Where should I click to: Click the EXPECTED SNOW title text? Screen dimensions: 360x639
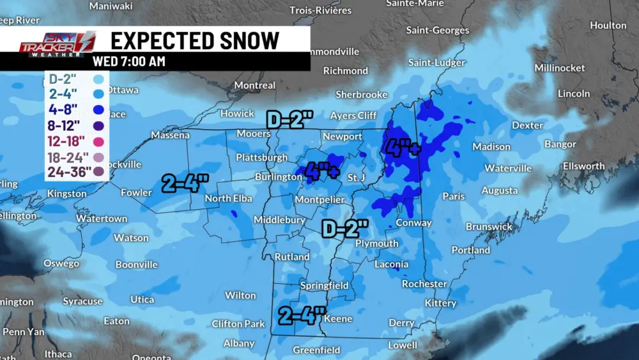(195, 40)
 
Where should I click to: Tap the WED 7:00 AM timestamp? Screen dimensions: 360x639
(129, 61)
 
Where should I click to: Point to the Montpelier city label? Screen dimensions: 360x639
(319, 200)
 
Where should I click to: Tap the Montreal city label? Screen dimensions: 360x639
(255, 85)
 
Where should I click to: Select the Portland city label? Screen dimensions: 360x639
(470, 250)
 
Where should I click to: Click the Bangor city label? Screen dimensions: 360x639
(560, 145)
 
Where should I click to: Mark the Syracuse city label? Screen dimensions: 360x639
(82, 301)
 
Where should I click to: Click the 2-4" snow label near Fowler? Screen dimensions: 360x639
(185, 184)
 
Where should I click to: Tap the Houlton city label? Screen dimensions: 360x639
(608, 26)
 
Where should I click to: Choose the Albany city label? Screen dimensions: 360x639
(239, 343)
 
